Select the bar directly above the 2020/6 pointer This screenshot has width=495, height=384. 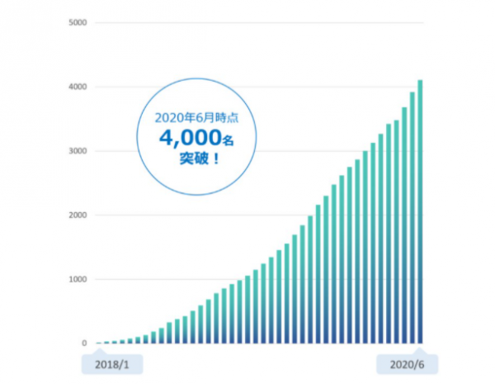pyautogui.click(x=421, y=248)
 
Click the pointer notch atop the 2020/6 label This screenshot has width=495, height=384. pyautogui.click(x=421, y=353)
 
